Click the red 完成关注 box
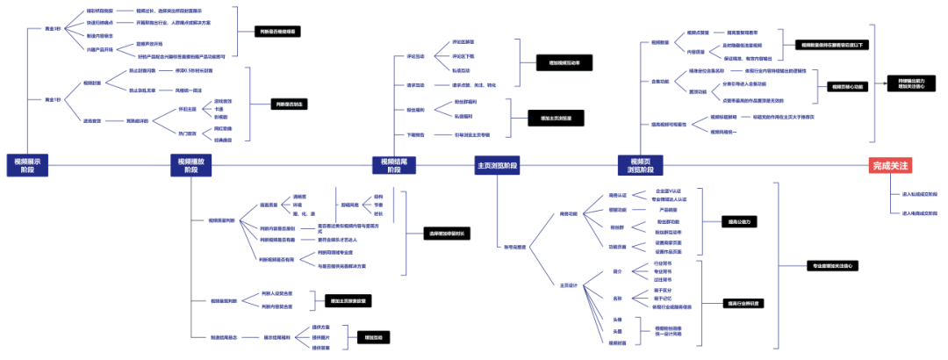891,165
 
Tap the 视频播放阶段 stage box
190,165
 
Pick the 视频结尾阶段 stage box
393,165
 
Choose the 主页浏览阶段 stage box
497,165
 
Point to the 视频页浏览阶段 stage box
639,165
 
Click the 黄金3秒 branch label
54,29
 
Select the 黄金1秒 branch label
54,100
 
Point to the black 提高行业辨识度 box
743,303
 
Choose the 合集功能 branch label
661,82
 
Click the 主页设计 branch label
569,285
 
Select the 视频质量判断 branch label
221,220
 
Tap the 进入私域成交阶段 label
919,194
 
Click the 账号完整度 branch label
514,247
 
